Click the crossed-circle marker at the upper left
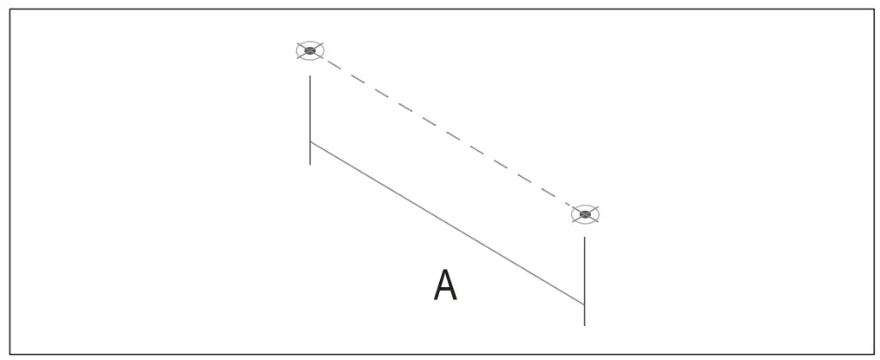(310, 50)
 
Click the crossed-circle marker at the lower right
(585, 214)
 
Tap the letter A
(445, 286)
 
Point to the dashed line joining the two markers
(448, 133)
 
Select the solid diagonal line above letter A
(447, 223)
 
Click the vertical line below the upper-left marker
(310, 108)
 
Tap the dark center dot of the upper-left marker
(310, 50)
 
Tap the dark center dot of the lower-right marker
(585, 214)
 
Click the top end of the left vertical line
(310, 76)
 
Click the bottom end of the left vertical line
(310, 164)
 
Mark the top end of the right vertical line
(584, 238)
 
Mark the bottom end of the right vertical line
(584, 325)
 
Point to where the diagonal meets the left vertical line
(310, 141)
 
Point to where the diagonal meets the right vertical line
(584, 304)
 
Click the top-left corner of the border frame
(10, 10)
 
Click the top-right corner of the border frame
(873, 10)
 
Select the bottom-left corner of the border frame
(10, 353)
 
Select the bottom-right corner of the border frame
(873, 353)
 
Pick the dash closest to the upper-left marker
(332, 64)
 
